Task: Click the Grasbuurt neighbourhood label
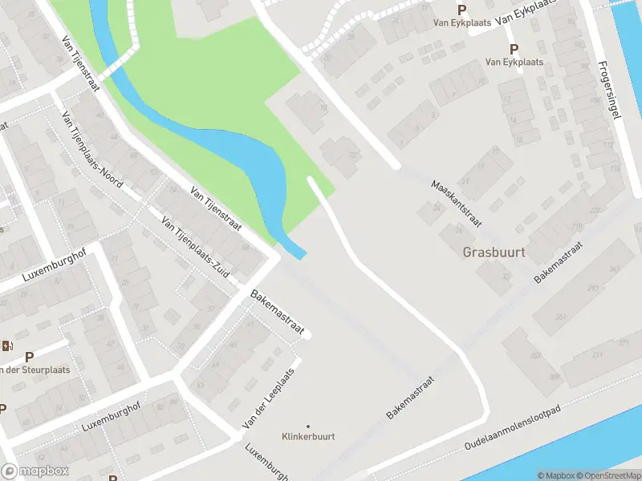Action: pos(494,252)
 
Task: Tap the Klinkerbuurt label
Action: pos(308,436)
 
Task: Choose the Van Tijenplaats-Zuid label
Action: pos(195,247)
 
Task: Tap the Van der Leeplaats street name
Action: pos(269,398)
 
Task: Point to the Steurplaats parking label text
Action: pos(35,370)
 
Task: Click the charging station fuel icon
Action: pos(8,346)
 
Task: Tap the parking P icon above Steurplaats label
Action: pos(30,357)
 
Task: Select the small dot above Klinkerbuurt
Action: pos(308,426)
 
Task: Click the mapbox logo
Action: pos(35,471)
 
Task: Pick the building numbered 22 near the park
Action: pos(352,155)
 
